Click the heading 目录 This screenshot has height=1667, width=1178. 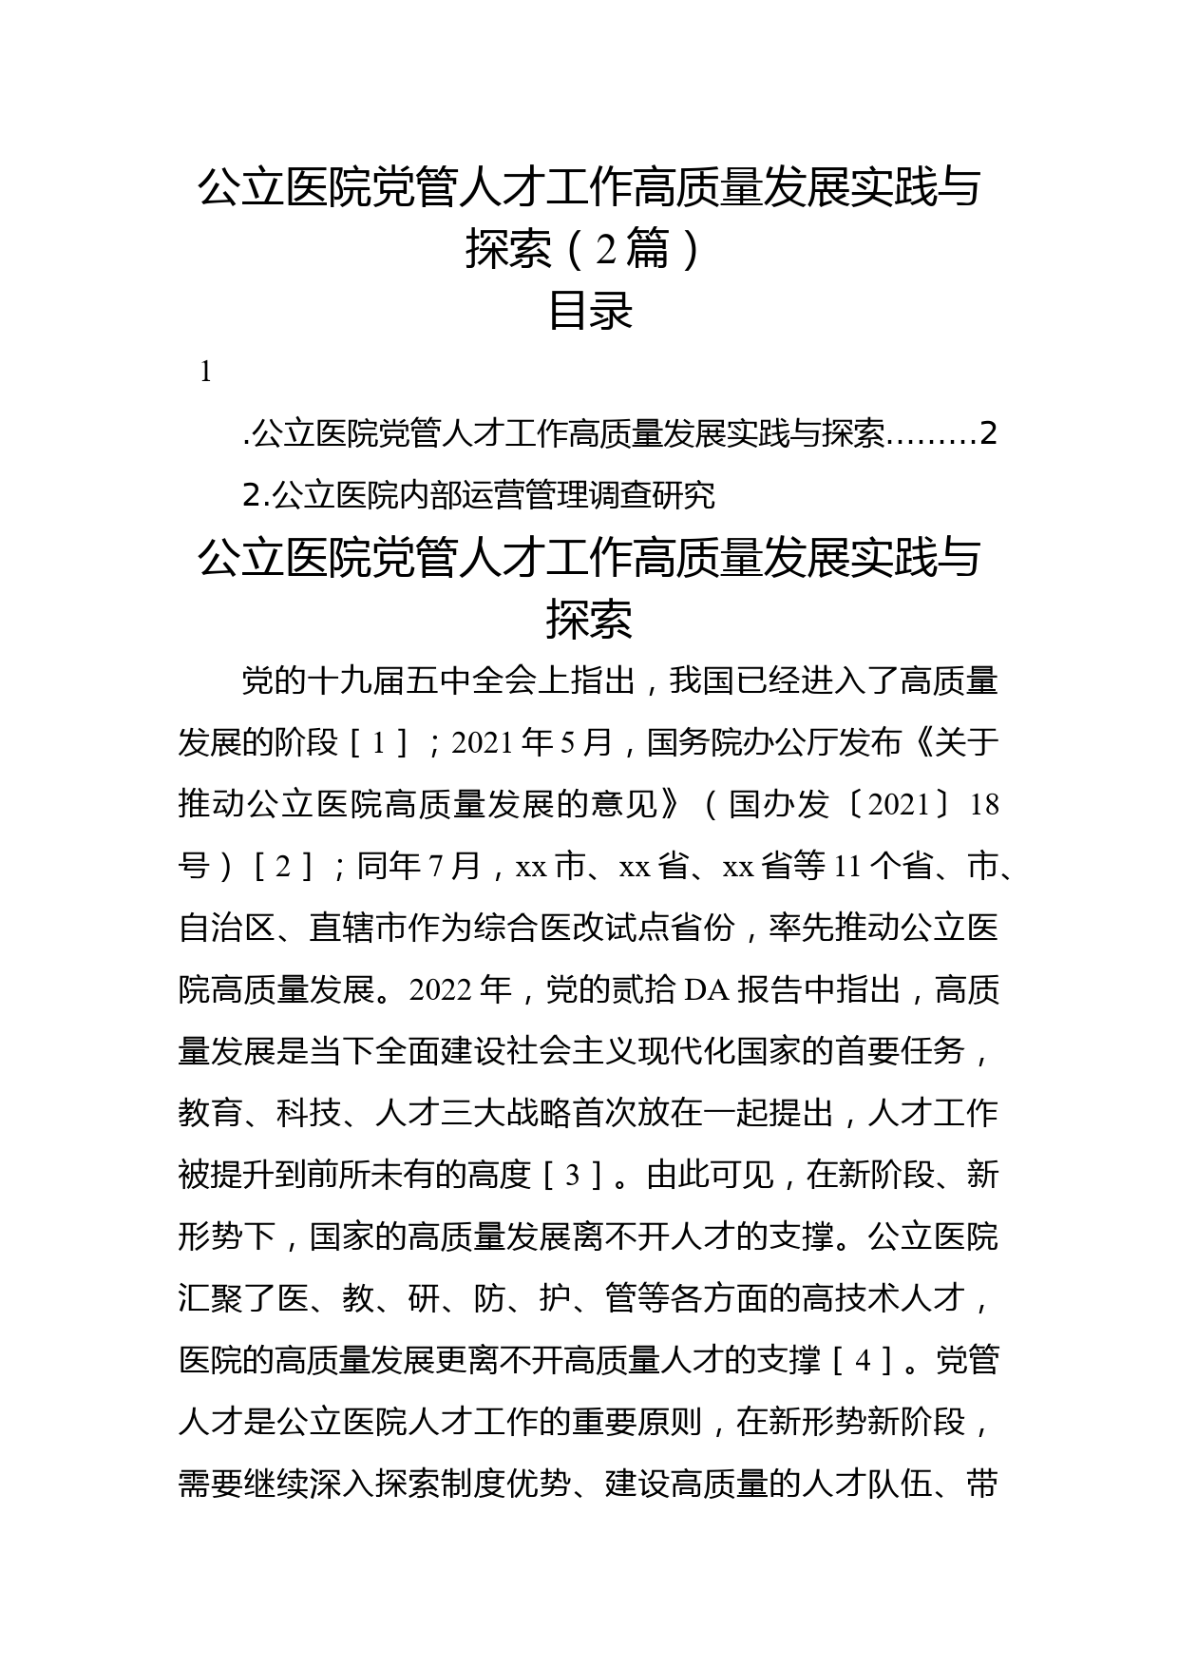point(590,310)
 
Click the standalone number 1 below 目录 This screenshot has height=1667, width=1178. point(206,373)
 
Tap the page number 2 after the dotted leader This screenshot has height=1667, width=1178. point(989,434)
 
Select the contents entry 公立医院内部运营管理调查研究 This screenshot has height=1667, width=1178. point(493,495)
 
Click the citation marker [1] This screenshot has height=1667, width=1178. point(378,743)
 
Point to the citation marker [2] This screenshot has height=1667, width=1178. point(283,867)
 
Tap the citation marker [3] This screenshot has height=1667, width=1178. point(574,1177)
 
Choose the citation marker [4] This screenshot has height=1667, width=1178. point(864,1362)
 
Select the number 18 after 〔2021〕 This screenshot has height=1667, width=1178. point(984,805)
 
